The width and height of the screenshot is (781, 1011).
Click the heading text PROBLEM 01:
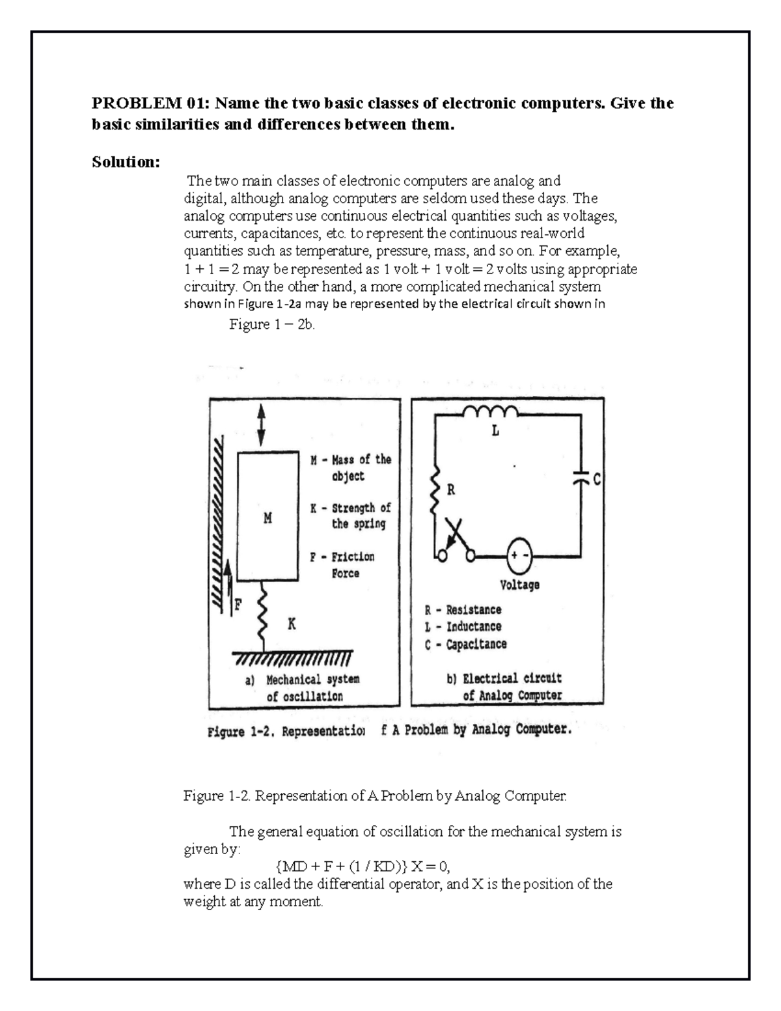[151, 104]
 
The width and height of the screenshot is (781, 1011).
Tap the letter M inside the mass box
[267, 519]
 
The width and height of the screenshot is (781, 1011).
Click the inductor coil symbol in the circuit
[489, 412]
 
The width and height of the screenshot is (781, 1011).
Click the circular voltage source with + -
[519, 555]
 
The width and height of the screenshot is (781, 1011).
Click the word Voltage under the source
[519, 585]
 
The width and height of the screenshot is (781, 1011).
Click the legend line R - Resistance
[463, 610]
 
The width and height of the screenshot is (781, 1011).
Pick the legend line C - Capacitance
[465, 644]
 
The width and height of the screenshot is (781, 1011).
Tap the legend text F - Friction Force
[342, 565]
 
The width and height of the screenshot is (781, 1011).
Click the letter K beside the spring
[292, 624]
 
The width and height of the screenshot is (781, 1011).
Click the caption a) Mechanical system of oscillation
[303, 687]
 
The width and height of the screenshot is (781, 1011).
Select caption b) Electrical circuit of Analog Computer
[504, 687]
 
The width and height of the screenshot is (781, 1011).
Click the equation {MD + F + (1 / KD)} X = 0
[363, 866]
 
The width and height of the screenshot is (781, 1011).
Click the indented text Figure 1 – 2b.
[272, 324]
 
